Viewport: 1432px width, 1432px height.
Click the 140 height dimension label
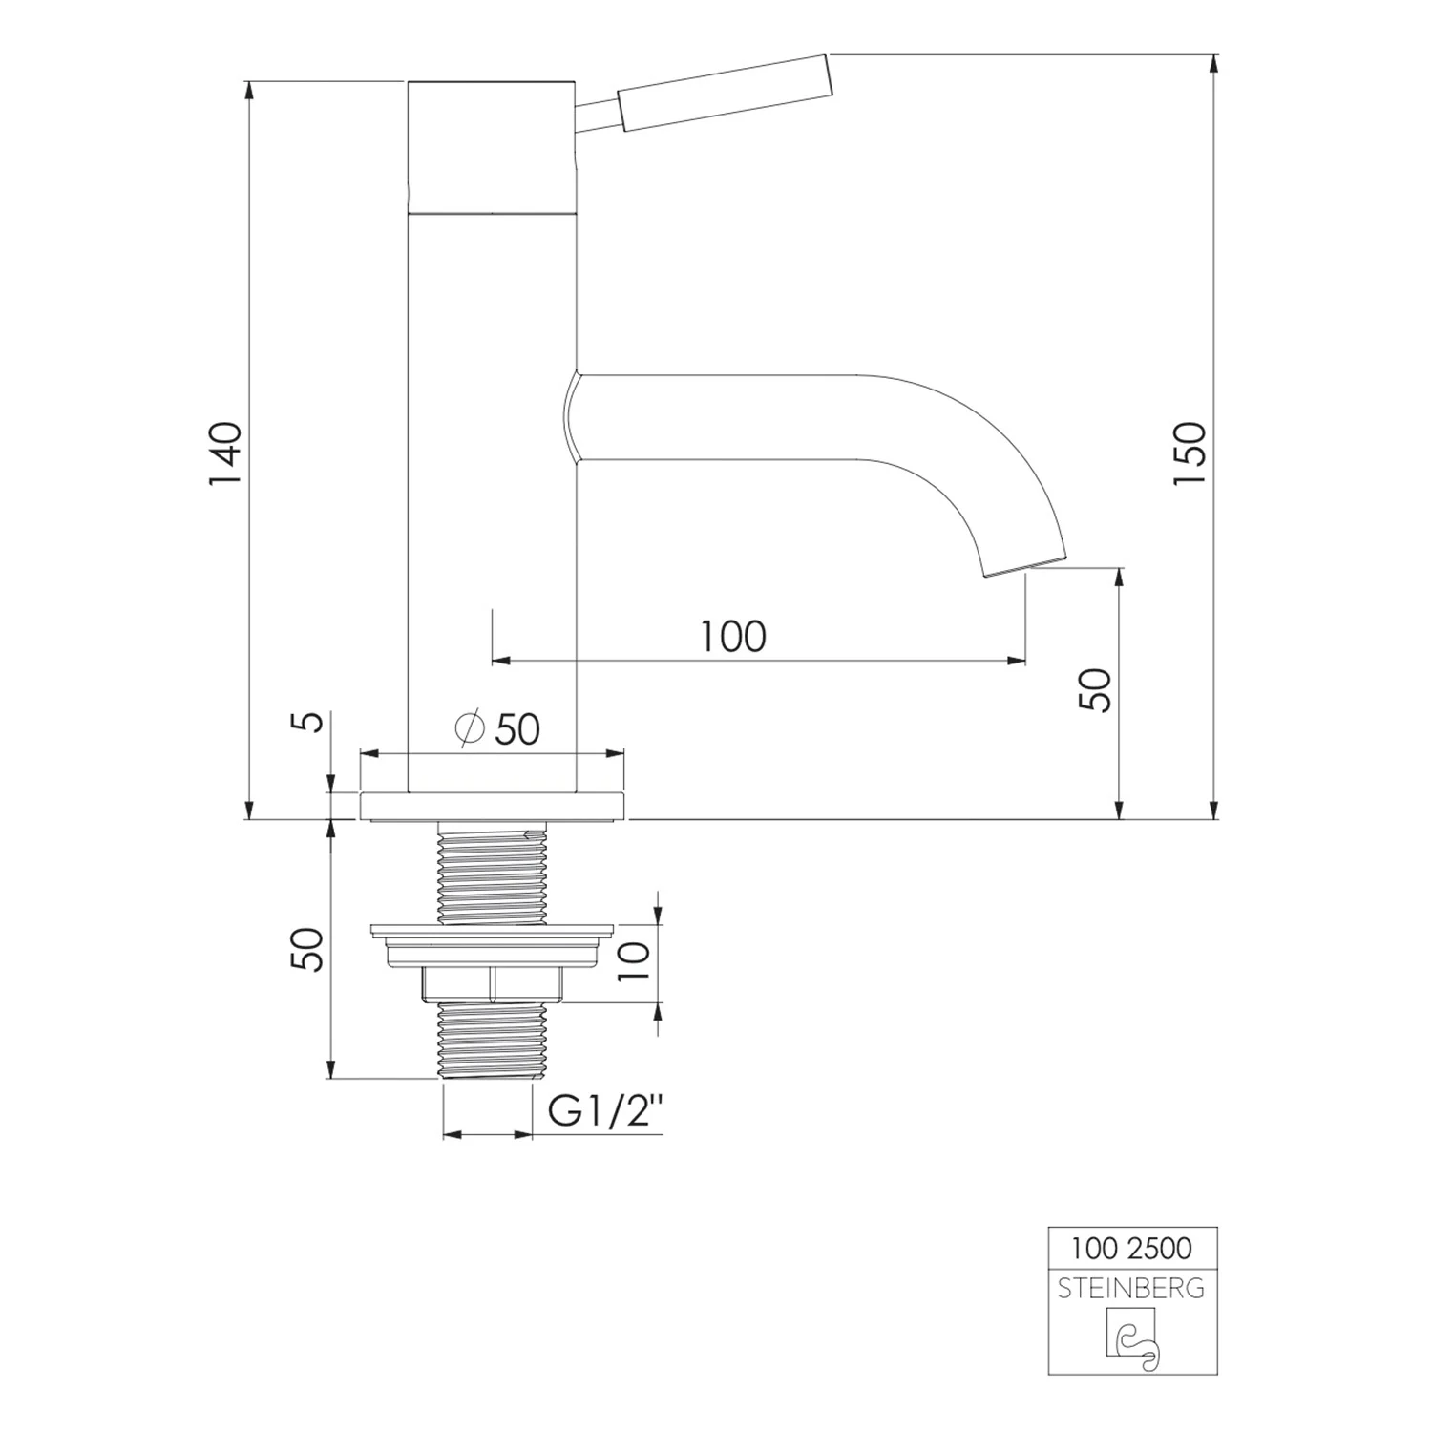pos(226,453)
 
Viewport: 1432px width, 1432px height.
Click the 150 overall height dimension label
pos(1190,453)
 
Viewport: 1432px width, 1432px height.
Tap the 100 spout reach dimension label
pos(733,637)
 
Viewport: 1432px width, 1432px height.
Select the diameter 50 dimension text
pos(498,729)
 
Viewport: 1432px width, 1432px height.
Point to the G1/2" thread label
pos(605,1113)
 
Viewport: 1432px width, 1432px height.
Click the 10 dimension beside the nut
pos(634,960)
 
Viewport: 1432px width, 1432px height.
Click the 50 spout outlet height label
pos(1097,689)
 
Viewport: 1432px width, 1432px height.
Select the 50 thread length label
pos(309,949)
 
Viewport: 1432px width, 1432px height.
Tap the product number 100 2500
pos(1131,1248)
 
